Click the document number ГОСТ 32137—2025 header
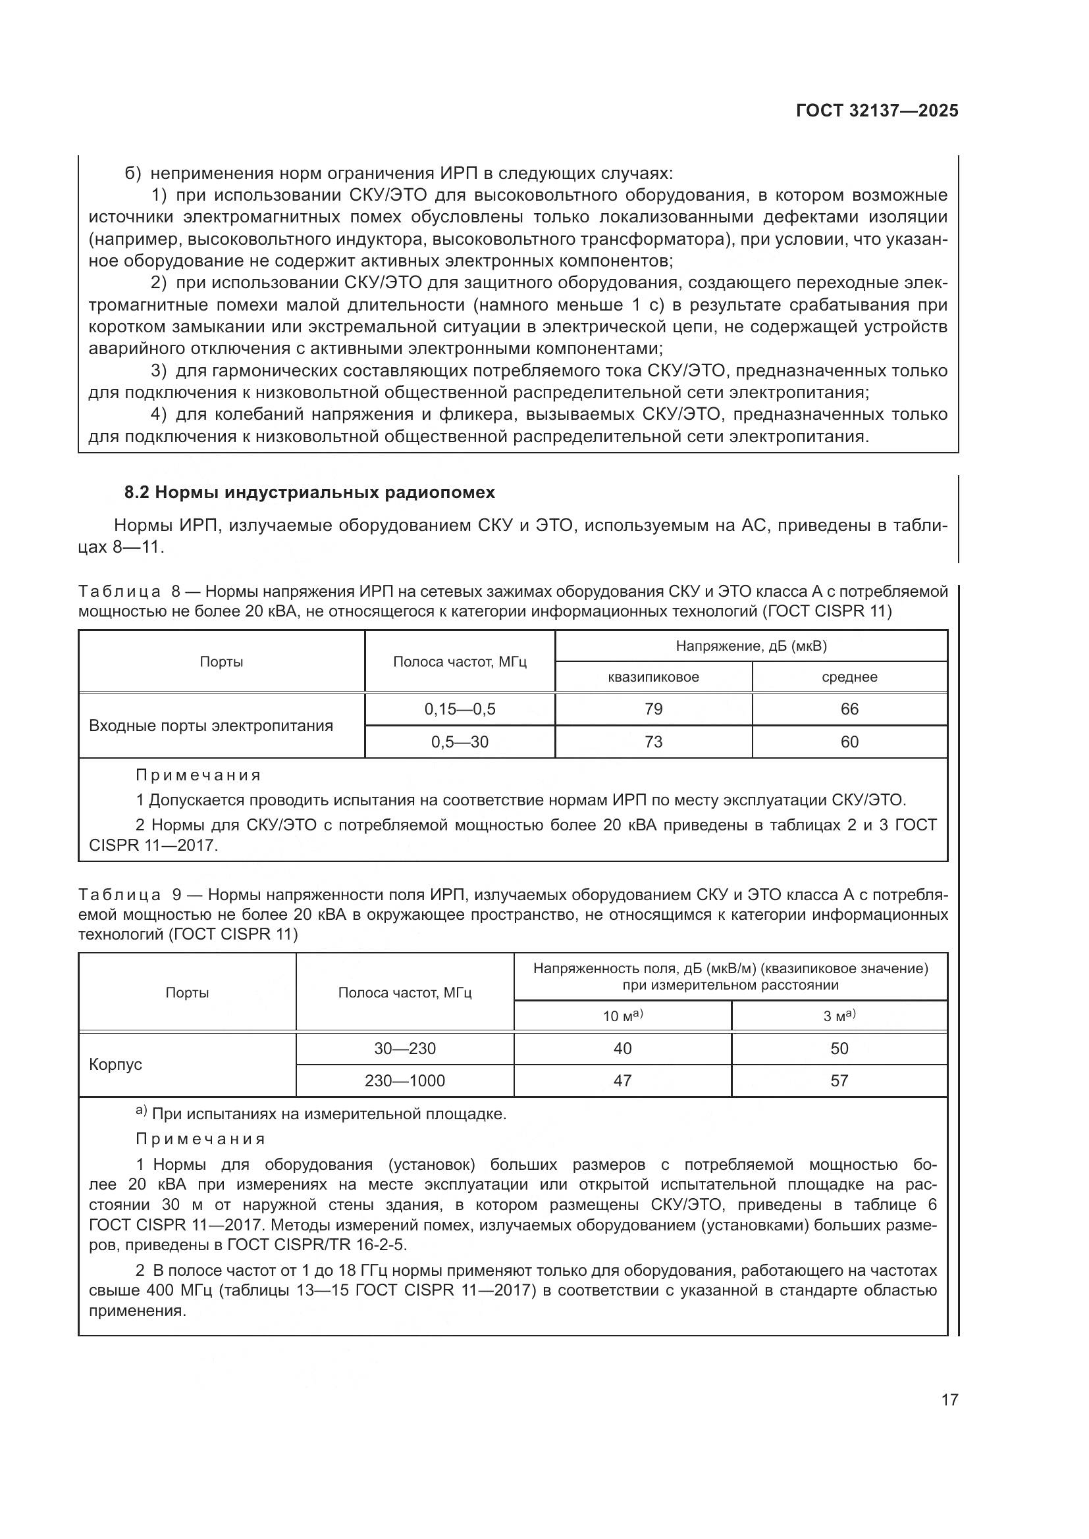click(877, 111)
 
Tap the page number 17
click(949, 1400)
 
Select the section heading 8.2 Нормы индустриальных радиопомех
click(310, 493)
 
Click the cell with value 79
click(653, 709)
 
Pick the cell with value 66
click(849, 709)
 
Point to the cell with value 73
click(653, 742)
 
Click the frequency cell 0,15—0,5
click(460, 709)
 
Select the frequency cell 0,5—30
click(460, 742)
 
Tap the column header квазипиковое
click(653, 677)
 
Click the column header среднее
click(849, 677)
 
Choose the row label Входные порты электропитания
click(211, 726)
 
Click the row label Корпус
click(115, 1065)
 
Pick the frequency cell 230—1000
click(404, 1080)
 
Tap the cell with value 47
click(622, 1080)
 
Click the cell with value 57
click(839, 1080)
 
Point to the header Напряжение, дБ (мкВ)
click(751, 646)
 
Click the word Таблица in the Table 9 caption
click(119, 896)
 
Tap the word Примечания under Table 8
click(198, 776)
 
